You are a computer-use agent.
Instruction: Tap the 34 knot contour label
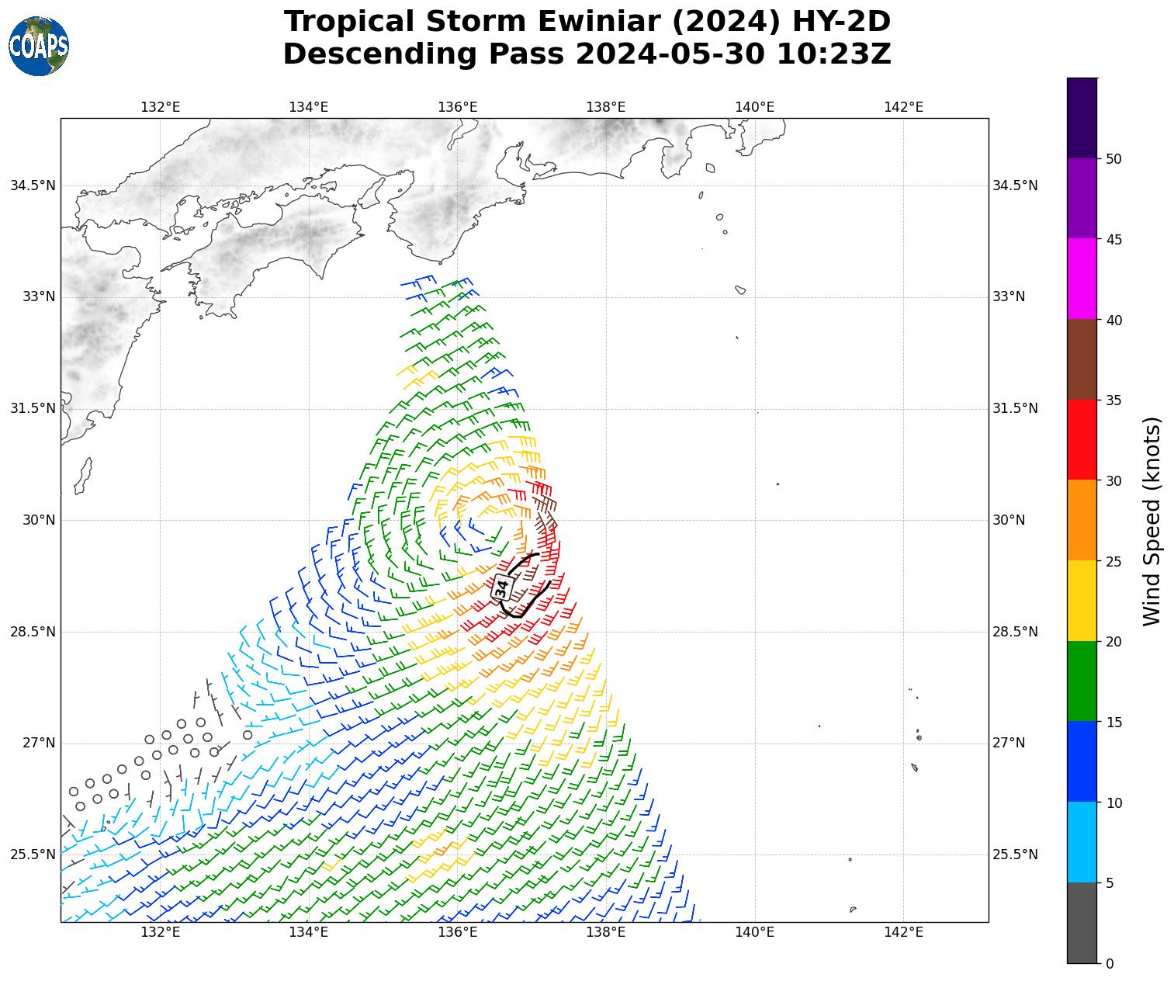[502, 588]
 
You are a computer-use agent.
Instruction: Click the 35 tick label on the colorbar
[1114, 400]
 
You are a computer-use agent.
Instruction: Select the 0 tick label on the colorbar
[1110, 964]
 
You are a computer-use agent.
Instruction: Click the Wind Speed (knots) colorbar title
[1153, 521]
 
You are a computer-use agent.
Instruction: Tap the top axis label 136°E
[458, 107]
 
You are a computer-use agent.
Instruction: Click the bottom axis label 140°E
[755, 932]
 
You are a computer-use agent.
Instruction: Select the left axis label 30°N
[39, 520]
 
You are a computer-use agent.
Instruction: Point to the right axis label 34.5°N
[1015, 185]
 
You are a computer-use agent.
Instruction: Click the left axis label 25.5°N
[33, 854]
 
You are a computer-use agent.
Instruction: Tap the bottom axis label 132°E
[161, 932]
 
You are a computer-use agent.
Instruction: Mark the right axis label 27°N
[1009, 744]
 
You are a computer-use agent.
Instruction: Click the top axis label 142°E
[903, 107]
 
